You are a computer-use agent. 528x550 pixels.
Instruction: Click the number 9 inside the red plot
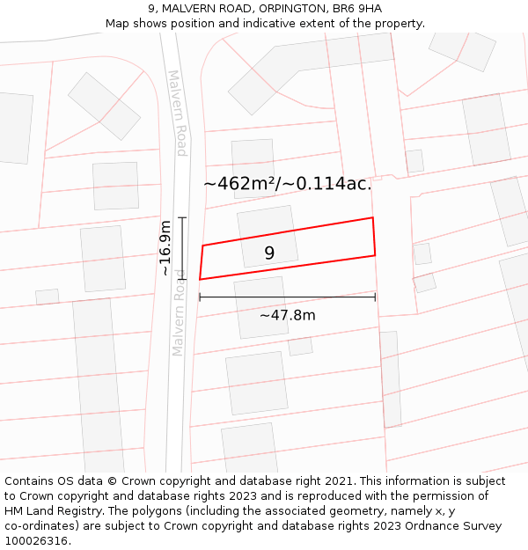[269, 253]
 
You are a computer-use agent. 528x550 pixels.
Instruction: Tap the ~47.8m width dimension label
[287, 315]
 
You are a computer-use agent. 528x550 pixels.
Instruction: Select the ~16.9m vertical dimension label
[165, 248]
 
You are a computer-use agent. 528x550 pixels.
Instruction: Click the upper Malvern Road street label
[177, 113]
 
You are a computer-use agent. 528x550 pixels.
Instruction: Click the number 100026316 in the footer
[36, 540]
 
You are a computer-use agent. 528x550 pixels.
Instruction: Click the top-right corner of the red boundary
[373, 217]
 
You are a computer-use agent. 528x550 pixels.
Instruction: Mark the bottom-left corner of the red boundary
[200, 279]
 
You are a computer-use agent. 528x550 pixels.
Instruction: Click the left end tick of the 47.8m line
[200, 297]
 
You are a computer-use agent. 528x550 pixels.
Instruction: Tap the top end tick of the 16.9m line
[182, 217]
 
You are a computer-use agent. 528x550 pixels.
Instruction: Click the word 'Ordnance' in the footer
[434, 525]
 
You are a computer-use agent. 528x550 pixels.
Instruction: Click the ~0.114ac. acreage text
[334, 184]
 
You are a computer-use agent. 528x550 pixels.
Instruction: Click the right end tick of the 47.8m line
[376, 297]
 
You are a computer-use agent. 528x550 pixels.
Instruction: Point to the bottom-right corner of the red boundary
[376, 256]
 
